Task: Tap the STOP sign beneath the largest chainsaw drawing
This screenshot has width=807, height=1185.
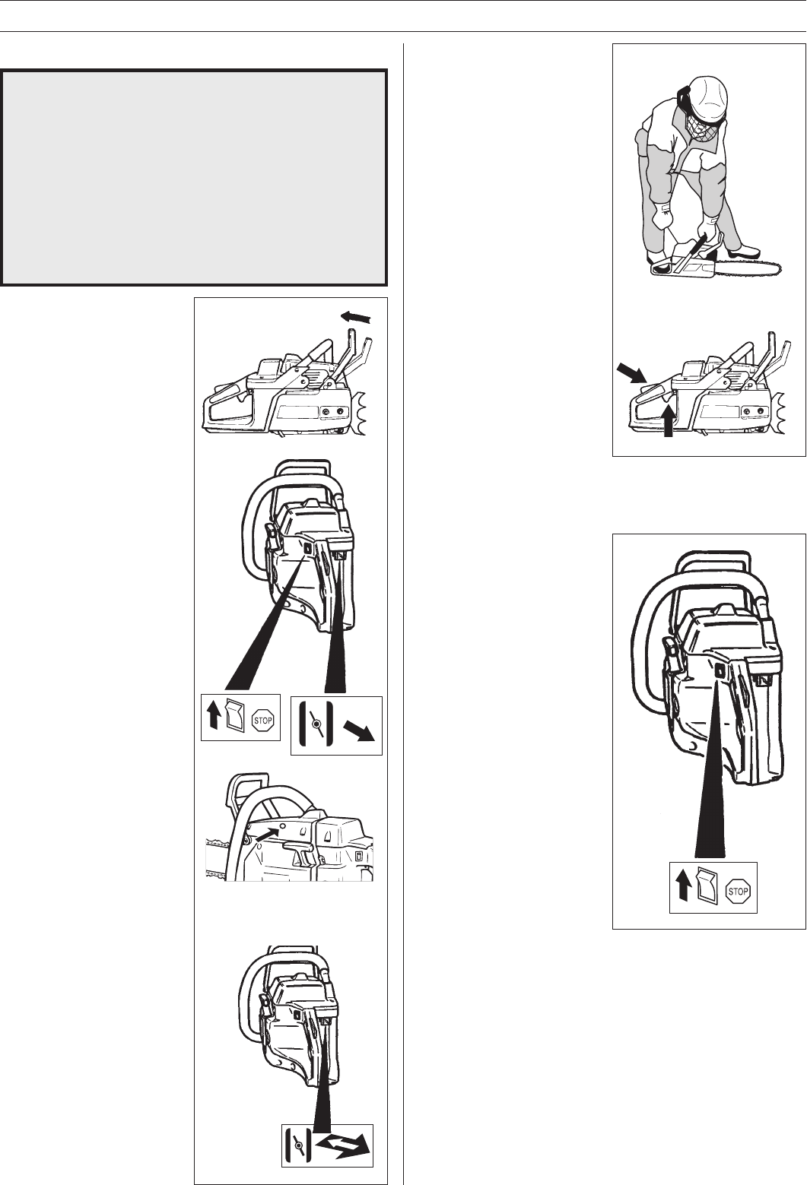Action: pos(738,892)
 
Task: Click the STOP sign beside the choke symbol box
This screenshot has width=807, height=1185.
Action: pos(263,720)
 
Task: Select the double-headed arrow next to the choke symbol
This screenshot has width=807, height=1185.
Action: pos(342,1145)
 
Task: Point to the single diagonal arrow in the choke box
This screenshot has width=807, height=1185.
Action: pos(358,732)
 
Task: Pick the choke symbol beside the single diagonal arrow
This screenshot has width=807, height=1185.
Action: pos(316,724)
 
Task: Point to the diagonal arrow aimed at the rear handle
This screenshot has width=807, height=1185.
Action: pos(632,373)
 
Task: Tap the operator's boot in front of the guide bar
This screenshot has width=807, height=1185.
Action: pos(745,250)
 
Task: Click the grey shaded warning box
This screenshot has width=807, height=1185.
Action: pos(194,177)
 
